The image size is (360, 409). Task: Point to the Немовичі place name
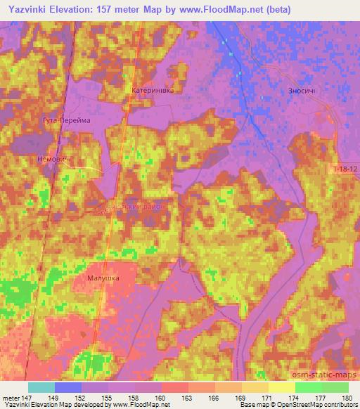51,160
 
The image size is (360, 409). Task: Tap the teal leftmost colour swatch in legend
41,387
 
